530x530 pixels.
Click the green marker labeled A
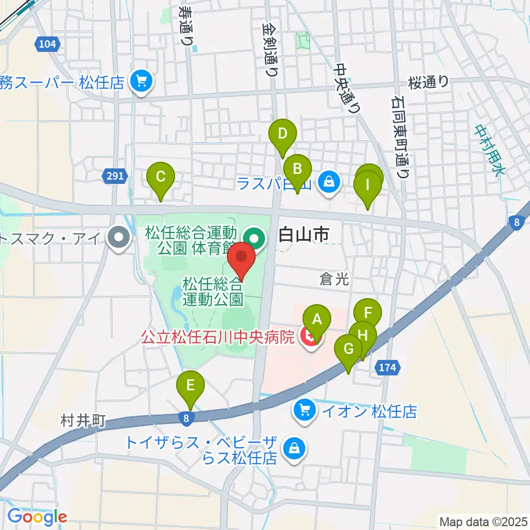[x=317, y=319]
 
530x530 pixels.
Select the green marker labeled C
[x=161, y=178]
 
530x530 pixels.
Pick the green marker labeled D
[x=283, y=134]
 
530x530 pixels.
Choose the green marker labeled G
[x=348, y=349]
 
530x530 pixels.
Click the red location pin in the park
[x=242, y=257]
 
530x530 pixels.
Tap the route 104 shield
[x=47, y=44]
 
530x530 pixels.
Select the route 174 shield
[x=389, y=367]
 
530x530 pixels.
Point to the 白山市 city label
[x=304, y=235]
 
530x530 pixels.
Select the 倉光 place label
[x=335, y=279]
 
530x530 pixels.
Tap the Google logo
[x=37, y=517]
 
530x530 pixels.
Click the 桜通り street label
[x=428, y=82]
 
